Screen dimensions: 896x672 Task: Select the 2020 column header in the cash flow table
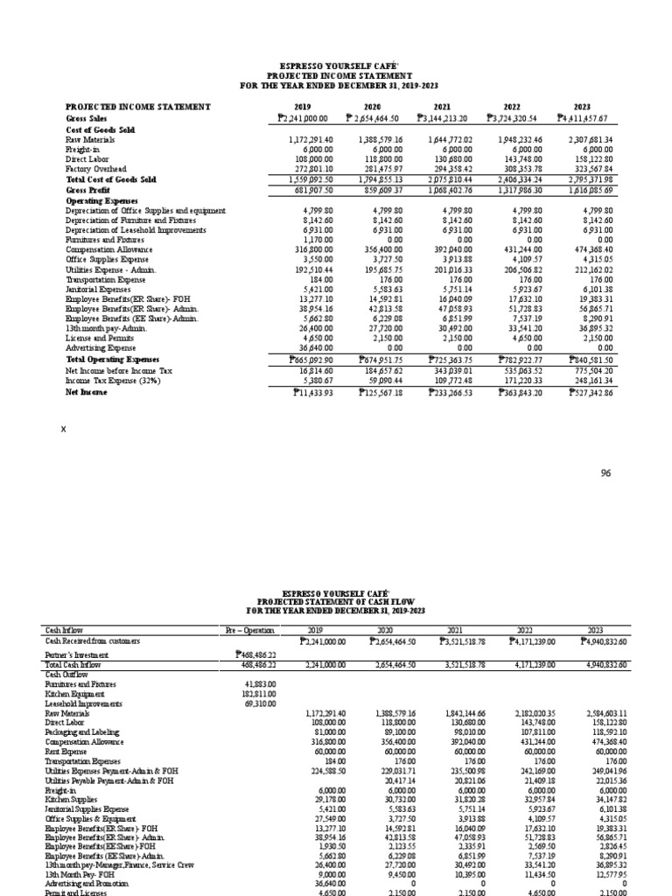(382, 629)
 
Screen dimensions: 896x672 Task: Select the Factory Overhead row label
(96, 169)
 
